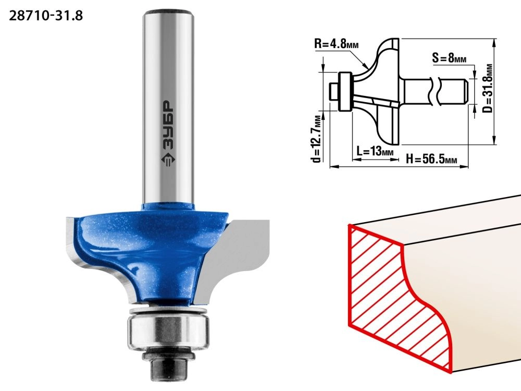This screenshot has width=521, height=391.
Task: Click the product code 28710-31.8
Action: (x=46, y=16)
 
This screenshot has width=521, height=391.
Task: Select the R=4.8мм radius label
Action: (x=336, y=44)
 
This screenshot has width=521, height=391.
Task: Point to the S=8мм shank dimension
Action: (x=449, y=58)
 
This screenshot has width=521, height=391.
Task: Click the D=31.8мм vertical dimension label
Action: (x=488, y=88)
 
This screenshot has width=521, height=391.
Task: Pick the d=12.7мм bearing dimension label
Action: (x=317, y=139)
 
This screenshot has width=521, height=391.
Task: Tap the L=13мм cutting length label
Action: (x=375, y=152)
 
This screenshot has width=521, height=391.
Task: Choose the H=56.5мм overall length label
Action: (x=431, y=159)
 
